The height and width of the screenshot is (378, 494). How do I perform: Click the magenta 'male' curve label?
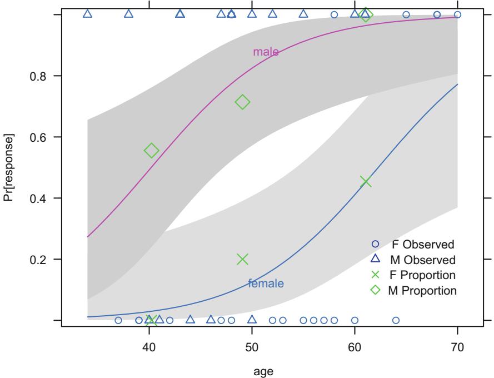(x=266, y=52)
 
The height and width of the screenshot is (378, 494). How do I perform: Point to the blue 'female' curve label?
(x=266, y=283)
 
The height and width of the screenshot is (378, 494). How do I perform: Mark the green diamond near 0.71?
(x=242, y=102)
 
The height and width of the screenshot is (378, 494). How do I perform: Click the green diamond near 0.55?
(x=151, y=151)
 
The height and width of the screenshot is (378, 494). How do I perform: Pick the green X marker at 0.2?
(x=242, y=259)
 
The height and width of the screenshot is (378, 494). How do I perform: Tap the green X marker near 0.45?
(x=365, y=182)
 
